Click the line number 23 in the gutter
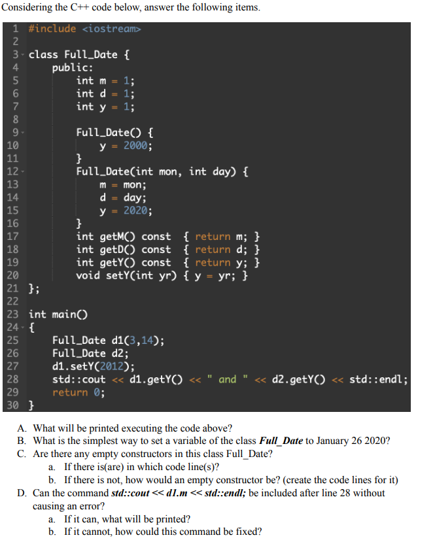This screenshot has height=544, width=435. click(12, 314)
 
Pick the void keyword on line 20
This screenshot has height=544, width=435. click(88, 275)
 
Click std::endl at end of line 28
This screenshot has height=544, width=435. click(377, 379)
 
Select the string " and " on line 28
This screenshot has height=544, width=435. click(227, 379)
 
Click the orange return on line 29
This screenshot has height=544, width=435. click(70, 392)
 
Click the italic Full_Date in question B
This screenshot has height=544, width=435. click(281, 441)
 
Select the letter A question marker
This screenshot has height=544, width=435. click(22, 428)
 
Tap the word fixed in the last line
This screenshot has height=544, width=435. click(245, 531)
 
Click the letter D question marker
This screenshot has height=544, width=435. click(22, 492)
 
